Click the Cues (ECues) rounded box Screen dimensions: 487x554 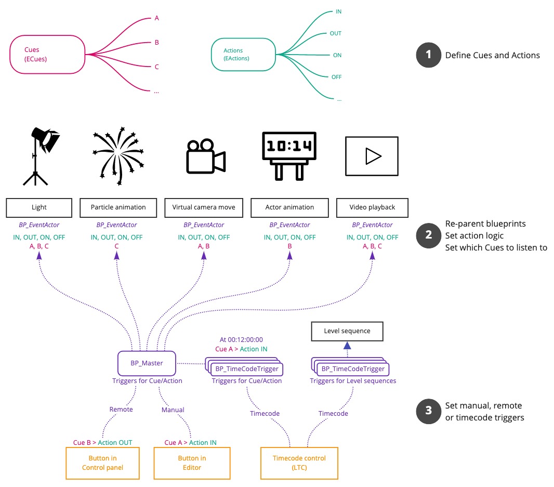pyautogui.click(x=47, y=54)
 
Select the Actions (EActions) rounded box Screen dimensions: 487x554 pyautogui.click(x=243, y=55)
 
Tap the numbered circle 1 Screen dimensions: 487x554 pyautogui.click(x=428, y=55)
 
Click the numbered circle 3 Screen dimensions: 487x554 pyautogui.click(x=428, y=411)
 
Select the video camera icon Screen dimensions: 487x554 pyautogui.click(x=205, y=156)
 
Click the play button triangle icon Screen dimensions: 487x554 pyautogui.click(x=372, y=156)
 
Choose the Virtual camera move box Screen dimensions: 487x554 pyautogui.click(x=203, y=207)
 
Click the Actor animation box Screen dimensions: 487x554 pyautogui.click(x=289, y=207)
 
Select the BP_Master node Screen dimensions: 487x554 pyautogui.click(x=147, y=363)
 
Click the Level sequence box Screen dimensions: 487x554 pyautogui.click(x=347, y=331)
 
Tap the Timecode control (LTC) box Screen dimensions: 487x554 pyautogui.click(x=299, y=463)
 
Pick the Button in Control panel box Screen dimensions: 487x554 pyautogui.click(x=102, y=463)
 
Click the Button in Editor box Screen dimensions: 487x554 pyautogui.click(x=192, y=463)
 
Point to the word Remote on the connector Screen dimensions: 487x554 pyautogui.click(x=121, y=410)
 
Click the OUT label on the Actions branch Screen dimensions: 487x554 pyautogui.click(x=336, y=33)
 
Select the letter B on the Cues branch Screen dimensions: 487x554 pyautogui.click(x=156, y=43)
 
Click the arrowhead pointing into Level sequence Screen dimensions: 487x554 pyautogui.click(x=347, y=346)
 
